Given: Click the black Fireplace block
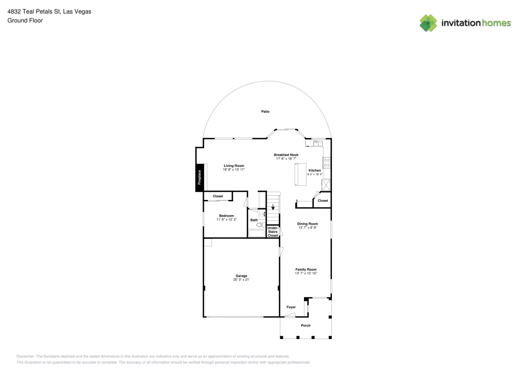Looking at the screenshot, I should (x=199, y=177).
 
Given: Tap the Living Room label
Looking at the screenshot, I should (x=234, y=166).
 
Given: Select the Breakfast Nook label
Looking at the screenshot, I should (x=286, y=155).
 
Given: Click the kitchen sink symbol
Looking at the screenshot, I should (x=317, y=142).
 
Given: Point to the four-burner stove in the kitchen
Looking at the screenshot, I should (x=326, y=163).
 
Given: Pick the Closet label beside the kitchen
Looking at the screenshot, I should (x=323, y=200).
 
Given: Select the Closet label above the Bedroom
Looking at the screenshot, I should (x=217, y=196).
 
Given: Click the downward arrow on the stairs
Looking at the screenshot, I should (x=273, y=207).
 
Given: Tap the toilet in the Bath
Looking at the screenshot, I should (x=260, y=225).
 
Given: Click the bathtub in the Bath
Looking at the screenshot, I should (x=257, y=233).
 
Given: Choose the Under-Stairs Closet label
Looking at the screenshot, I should (x=272, y=231).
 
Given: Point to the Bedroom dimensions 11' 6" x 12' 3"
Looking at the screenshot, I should (x=226, y=219).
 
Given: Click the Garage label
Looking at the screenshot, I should (x=241, y=276).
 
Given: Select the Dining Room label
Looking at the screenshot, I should (x=308, y=224).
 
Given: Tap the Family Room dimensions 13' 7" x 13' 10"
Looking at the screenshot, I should (x=306, y=273).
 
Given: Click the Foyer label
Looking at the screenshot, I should (x=291, y=307).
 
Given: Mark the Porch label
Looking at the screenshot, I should (x=306, y=325).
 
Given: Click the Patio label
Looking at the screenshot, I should (x=266, y=111).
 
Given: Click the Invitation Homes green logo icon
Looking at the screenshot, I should (x=428, y=23).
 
